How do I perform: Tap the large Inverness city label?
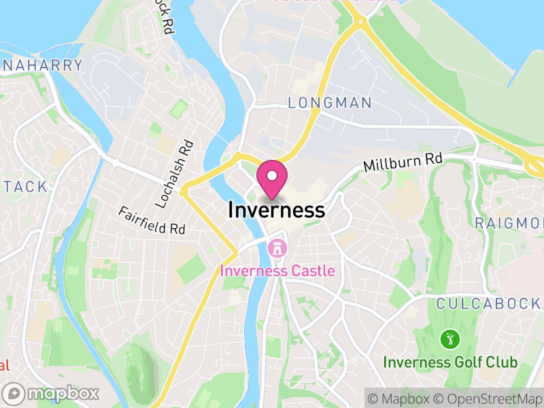[276, 210]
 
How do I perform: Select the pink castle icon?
[277, 249]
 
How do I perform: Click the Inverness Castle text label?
[277, 271]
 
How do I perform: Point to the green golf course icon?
[448, 338]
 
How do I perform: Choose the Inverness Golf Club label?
[449, 362]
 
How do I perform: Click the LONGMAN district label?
[330, 103]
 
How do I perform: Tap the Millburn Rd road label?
[403, 163]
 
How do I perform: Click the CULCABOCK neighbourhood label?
[488, 303]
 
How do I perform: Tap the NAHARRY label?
[42, 66]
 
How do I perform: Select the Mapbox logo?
[52, 393]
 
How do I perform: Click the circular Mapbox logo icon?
[14, 393]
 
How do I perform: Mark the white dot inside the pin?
[272, 175]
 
